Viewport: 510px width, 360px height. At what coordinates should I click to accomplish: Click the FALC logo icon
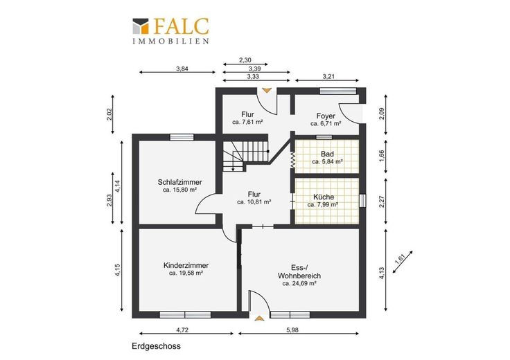[x=141, y=26]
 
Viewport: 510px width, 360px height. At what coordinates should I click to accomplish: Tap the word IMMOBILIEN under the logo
[x=170, y=42]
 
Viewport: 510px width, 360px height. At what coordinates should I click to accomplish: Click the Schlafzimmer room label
[x=180, y=182]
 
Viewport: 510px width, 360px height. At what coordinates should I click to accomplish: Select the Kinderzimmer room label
[x=186, y=265]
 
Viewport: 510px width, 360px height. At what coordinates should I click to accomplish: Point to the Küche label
[x=324, y=197]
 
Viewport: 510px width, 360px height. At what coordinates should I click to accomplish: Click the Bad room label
[x=327, y=154]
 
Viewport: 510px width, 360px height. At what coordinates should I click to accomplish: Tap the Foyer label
[x=326, y=116]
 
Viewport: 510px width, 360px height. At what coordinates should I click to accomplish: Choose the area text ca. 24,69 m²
[x=299, y=284]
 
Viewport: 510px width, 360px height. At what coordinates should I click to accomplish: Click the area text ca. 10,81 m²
[x=254, y=202]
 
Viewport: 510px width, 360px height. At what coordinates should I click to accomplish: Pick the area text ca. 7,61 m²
[x=247, y=122]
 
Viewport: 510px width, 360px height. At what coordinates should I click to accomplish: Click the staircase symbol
[x=245, y=154]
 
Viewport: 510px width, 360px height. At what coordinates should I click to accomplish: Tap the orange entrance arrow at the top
[x=267, y=90]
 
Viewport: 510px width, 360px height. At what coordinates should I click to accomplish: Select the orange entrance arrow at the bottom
[x=259, y=318]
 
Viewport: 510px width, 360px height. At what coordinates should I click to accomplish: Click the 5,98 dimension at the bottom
[x=292, y=330]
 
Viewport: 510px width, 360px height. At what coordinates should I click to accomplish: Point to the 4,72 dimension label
[x=182, y=330]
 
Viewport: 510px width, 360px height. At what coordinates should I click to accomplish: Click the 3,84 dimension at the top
[x=182, y=69]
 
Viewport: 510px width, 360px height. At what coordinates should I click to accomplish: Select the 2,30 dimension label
[x=245, y=60]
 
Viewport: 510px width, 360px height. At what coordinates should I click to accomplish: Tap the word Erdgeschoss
[x=156, y=346]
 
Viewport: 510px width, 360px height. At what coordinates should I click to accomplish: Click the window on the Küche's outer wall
[x=362, y=201]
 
